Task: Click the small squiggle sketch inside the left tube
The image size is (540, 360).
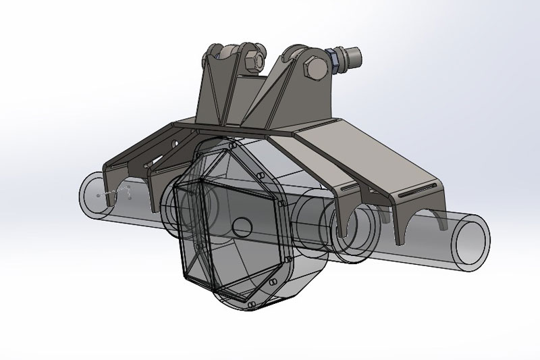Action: [x=120, y=194]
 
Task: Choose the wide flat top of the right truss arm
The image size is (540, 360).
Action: [x=378, y=162]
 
